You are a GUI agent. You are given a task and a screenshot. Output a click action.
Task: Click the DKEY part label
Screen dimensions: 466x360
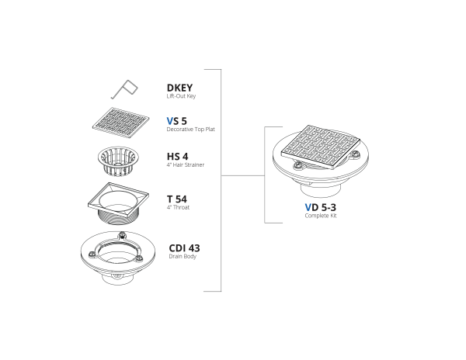point(180,88)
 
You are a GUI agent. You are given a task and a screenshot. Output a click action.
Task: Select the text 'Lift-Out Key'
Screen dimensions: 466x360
point(181,96)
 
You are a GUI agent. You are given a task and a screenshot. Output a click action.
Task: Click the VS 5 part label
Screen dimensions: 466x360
point(177,121)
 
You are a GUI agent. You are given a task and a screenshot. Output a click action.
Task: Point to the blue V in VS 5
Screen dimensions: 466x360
point(169,121)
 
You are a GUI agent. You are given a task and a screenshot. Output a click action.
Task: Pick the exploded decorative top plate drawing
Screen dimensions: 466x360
point(120,123)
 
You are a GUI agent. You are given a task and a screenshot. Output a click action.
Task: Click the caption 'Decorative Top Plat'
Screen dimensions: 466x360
point(191,130)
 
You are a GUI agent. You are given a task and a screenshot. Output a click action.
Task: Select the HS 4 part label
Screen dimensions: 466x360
point(177,157)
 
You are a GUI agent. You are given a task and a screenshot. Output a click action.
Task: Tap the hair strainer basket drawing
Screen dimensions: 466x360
point(119,160)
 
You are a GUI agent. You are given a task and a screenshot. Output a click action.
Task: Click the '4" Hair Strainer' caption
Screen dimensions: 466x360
point(186,164)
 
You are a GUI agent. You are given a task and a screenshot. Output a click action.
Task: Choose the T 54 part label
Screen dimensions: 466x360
point(177,199)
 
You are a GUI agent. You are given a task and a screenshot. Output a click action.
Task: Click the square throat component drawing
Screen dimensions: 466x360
point(118,203)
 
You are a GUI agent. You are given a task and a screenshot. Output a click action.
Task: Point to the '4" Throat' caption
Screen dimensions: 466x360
point(178,207)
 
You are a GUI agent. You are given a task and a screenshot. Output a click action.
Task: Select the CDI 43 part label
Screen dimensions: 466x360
point(185,248)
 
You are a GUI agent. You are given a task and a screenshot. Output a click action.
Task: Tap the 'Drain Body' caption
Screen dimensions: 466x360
point(183,256)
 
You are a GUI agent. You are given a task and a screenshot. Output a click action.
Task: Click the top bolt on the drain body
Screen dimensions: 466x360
point(122,236)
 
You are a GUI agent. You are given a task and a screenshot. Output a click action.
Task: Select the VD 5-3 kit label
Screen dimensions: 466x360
point(321,207)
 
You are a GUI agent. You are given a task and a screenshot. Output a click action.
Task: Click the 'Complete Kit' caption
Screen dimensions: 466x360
point(321,216)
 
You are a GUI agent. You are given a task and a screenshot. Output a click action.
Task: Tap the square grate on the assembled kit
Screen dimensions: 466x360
point(321,147)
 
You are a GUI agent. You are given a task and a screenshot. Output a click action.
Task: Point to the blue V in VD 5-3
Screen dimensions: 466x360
point(308,207)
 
